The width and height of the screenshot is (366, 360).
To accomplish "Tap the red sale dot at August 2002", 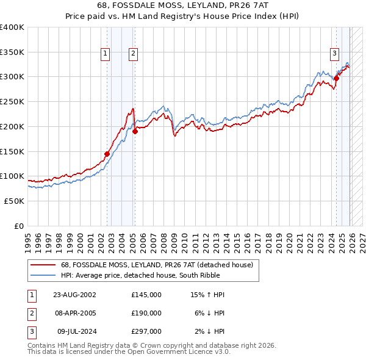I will pyautogui.click(x=107, y=154).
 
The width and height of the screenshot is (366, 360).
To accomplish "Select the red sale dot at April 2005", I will pyautogui.click(x=135, y=131).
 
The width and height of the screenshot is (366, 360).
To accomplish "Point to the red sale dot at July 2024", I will pyautogui.click(x=336, y=77).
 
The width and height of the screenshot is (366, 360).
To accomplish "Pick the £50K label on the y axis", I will pyautogui.click(x=14, y=201).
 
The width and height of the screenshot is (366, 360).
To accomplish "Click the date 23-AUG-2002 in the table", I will pyautogui.click(x=74, y=295).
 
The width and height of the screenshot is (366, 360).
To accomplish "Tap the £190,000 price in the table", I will pyautogui.click(x=146, y=313).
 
